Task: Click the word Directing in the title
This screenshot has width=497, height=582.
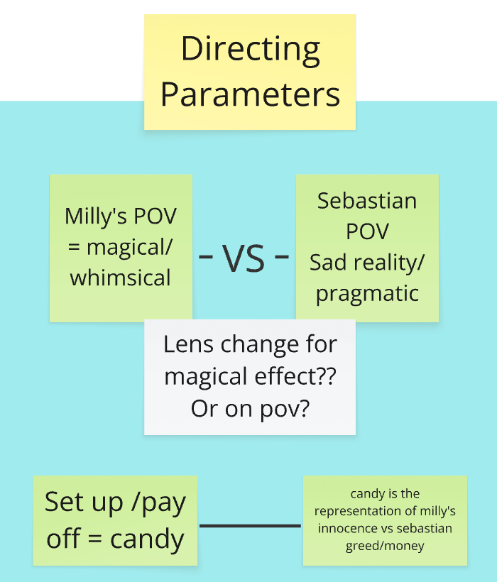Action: pos(250,50)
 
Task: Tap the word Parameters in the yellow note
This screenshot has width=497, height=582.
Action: pos(250,94)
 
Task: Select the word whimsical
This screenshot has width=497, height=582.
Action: pos(121,278)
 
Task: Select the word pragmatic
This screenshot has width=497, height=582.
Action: pos(367,293)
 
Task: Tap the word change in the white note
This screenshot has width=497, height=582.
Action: pos(258,345)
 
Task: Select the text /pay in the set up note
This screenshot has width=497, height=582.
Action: pos(154,503)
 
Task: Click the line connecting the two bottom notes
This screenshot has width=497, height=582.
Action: pos(250,526)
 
